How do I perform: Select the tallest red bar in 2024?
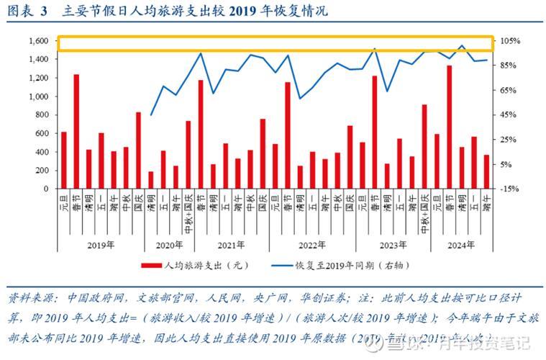(450, 127)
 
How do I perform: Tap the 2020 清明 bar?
(151, 179)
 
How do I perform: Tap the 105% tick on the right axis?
(511, 41)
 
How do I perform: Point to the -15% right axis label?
(511, 189)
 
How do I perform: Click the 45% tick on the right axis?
(510, 114)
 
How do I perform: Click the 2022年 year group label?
(306, 245)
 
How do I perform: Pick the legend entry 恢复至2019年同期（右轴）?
(349, 264)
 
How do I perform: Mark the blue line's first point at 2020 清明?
(151, 115)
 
